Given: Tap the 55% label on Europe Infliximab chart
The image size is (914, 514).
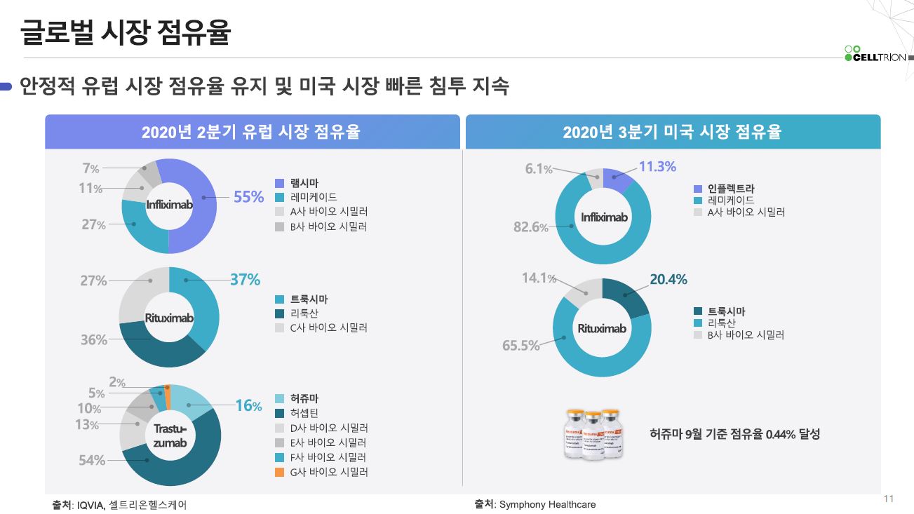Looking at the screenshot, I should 248,197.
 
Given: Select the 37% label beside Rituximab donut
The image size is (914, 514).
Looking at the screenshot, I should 245,280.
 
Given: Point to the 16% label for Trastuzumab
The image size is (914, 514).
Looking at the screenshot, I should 248,405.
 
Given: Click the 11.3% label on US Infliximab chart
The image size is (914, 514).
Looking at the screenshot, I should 657,167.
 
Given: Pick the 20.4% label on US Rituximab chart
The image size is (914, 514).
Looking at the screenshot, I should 668,279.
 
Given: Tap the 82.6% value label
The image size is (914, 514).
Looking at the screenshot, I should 530,227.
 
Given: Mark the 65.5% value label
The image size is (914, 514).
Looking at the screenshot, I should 520,346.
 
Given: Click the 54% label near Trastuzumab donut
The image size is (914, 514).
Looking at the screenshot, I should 92,461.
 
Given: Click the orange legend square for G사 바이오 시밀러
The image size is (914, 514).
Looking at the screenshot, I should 279,473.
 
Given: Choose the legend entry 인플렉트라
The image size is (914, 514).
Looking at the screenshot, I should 730,189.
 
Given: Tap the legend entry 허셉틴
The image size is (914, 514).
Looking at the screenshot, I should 304,414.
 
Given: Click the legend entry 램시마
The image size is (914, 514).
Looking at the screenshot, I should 304,183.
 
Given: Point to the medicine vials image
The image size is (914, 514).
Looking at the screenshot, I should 593,433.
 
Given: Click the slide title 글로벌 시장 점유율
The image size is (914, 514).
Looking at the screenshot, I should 126,32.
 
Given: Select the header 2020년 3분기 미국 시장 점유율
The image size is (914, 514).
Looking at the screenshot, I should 672,132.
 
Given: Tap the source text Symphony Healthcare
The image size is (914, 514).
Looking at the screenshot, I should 547,504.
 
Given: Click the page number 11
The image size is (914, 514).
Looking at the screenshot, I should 889,499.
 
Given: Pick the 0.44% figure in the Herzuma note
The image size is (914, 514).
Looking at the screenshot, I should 779,434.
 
